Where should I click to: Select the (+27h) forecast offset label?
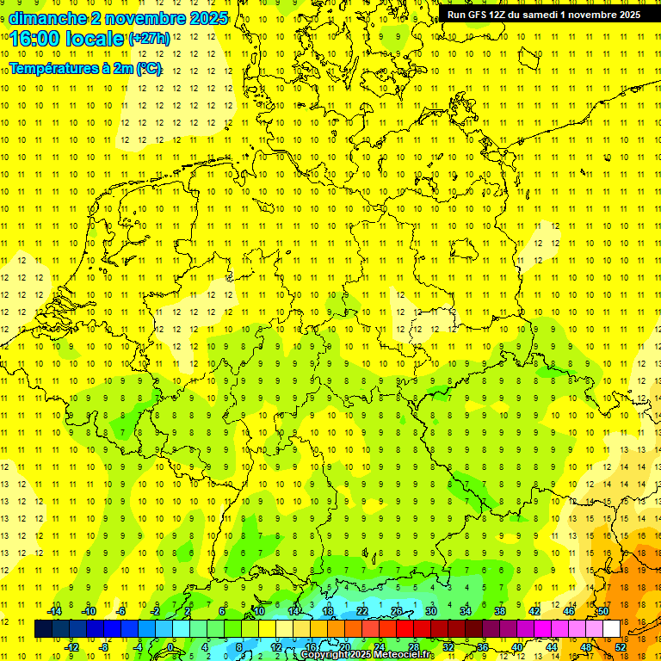148,39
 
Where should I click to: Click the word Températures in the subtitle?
55,69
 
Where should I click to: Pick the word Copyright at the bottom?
325,655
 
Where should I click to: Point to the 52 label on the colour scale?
621,647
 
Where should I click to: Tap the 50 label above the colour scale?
603,611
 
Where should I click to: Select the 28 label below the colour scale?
414,647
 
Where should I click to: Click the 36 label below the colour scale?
483,647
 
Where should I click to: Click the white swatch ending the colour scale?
612,629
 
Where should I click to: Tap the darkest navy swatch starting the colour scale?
44,629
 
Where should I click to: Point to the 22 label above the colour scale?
362,611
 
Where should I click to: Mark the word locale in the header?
93,39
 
